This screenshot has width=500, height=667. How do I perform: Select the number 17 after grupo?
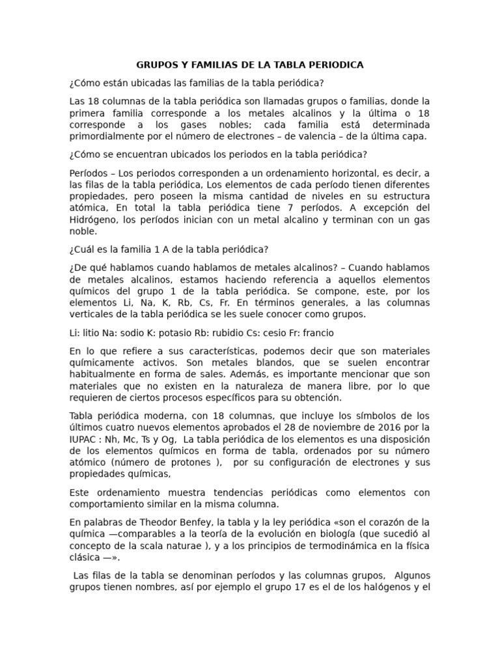tap(290, 587)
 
